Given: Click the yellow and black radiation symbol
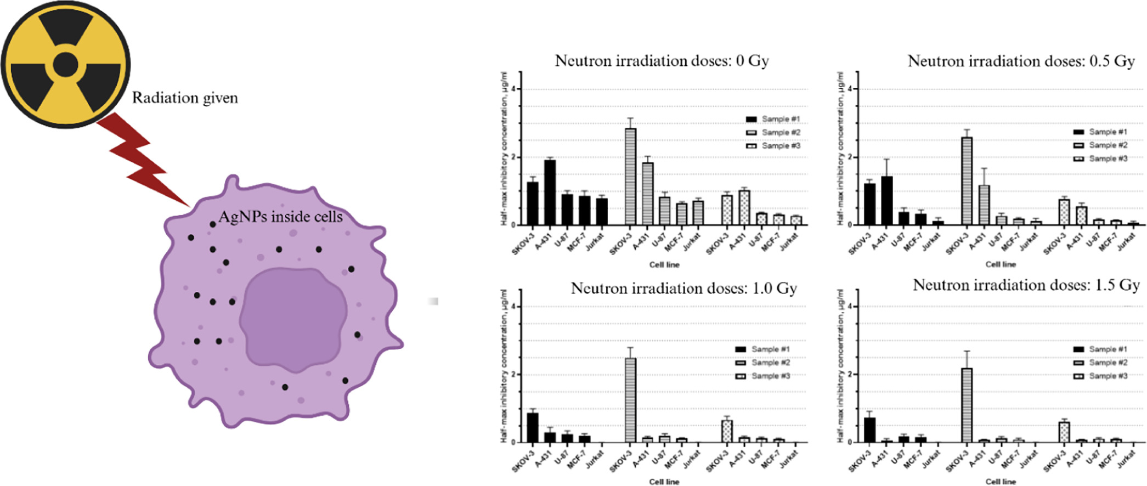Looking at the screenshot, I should pyautogui.click(x=65, y=64).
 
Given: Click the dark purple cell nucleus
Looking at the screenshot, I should pyautogui.click(x=293, y=319).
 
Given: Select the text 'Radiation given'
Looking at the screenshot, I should pyautogui.click(x=185, y=98).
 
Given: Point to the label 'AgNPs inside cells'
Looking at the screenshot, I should pyautogui.click(x=280, y=217).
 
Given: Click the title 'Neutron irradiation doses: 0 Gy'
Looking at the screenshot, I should pyautogui.click(x=662, y=61).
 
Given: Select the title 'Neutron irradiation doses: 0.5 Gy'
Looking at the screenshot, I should pyautogui.click(x=1021, y=61).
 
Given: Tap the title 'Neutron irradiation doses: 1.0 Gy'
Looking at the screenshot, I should pyautogui.click(x=683, y=289).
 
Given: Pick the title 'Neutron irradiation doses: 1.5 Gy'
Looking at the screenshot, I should pyautogui.click(x=1026, y=285).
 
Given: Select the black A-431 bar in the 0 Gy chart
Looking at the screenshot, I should pyautogui.click(x=550, y=193).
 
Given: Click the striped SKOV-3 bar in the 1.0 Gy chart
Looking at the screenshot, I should pyautogui.click(x=631, y=400).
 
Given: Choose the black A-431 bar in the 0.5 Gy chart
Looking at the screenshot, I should pyautogui.click(x=886, y=201).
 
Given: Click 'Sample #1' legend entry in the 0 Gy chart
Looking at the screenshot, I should pyautogui.click(x=773, y=119).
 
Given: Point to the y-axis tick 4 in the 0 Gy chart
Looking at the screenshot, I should pyautogui.click(x=513, y=89).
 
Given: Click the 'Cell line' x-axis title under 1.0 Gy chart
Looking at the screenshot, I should pyautogui.click(x=664, y=482).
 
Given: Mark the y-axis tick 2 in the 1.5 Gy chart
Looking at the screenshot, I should pyautogui.click(x=850, y=375).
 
